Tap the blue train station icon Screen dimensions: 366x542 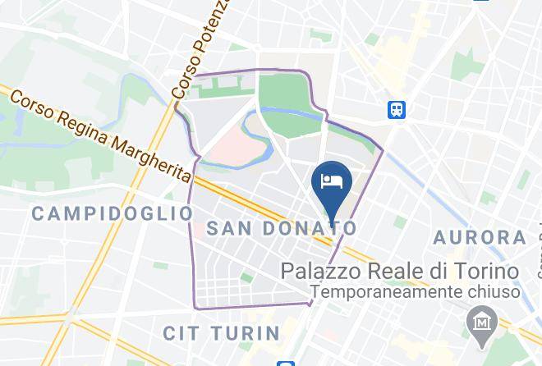399,108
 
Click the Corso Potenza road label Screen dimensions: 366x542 192,50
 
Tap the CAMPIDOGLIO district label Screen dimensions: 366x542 111,214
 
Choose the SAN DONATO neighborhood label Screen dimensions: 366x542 282,228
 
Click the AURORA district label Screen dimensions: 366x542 480,238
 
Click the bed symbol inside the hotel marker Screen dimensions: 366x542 332,180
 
